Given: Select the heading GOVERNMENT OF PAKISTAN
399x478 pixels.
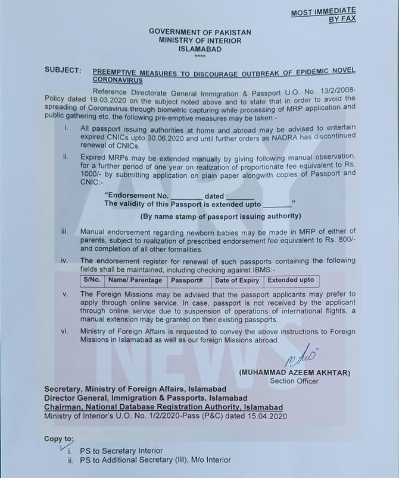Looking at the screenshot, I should coord(199,32).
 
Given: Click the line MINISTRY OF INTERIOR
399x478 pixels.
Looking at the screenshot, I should coord(199,40).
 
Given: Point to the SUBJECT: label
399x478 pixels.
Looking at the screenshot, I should coord(63,70).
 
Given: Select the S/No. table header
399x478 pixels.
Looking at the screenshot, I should coord(92,280).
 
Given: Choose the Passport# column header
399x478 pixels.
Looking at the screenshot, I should coord(188,280).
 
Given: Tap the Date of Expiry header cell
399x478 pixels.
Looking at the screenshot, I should coord(237,280).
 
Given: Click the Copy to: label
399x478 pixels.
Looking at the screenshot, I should coord(59,439).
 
